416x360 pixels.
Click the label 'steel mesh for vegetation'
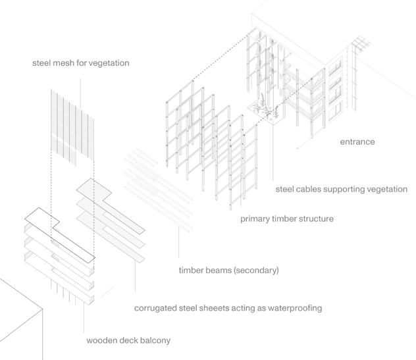pos(81,64)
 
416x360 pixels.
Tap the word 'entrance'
pos(357,141)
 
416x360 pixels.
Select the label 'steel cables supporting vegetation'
pos(341,190)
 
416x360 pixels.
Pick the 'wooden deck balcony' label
pos(128,341)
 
